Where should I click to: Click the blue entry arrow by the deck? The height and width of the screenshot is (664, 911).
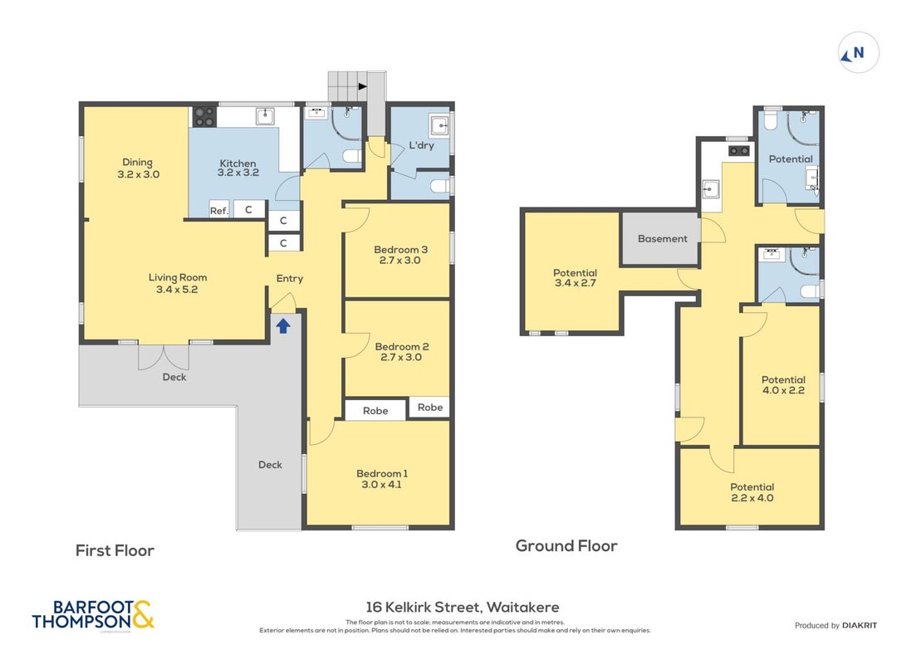pyautogui.click(x=283, y=326)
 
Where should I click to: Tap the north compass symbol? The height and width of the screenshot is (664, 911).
pyautogui.click(x=858, y=53)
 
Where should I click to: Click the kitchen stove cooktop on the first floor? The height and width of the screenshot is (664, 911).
pyautogui.click(x=204, y=116)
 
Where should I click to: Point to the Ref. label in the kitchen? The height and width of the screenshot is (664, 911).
pyautogui.click(x=219, y=211)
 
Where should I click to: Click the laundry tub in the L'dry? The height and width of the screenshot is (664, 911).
pyautogui.click(x=439, y=124)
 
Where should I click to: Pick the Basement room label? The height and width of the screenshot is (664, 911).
pyautogui.click(x=663, y=239)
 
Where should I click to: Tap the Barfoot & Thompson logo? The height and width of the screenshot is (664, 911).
pyautogui.click(x=93, y=615)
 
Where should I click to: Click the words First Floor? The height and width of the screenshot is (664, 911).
pyautogui.click(x=115, y=551)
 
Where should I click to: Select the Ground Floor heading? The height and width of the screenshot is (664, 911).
pyautogui.click(x=566, y=546)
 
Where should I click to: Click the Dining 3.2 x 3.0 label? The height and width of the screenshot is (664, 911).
pyautogui.click(x=139, y=168)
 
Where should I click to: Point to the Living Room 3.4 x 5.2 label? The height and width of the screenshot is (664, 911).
pyautogui.click(x=177, y=284)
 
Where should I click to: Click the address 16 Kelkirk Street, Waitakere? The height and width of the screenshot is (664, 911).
pyautogui.click(x=463, y=607)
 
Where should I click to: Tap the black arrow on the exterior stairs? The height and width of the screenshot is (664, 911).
pyautogui.click(x=363, y=86)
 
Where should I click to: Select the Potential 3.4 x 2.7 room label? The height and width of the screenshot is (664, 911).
pyautogui.click(x=575, y=278)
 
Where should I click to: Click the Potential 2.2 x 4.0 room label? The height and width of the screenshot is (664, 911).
pyautogui.click(x=752, y=493)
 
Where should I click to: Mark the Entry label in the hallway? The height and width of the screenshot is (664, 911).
pyautogui.click(x=289, y=279)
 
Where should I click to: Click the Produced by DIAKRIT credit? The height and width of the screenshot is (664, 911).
pyautogui.click(x=835, y=626)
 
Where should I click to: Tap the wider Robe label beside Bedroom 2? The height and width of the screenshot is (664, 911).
pyautogui.click(x=375, y=411)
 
